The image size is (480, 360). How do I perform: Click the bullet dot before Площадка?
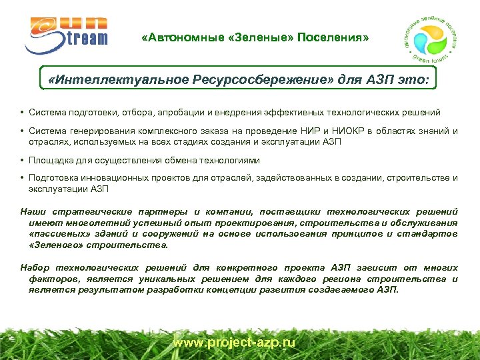[23, 161]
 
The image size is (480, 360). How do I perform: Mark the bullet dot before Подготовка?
[23, 179]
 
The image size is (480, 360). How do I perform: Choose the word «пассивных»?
[59, 234]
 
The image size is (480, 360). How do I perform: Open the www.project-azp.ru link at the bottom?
[234, 342]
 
